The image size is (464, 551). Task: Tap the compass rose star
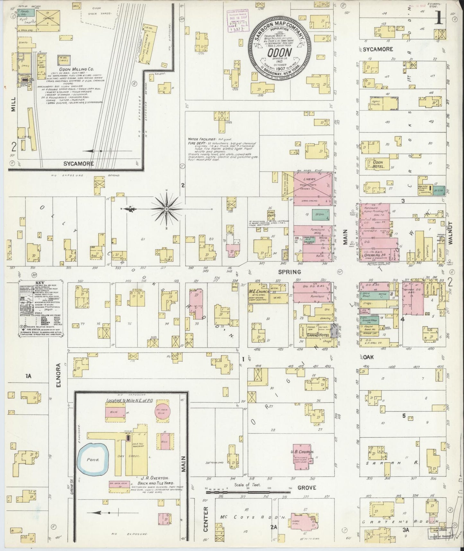point(166,209)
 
